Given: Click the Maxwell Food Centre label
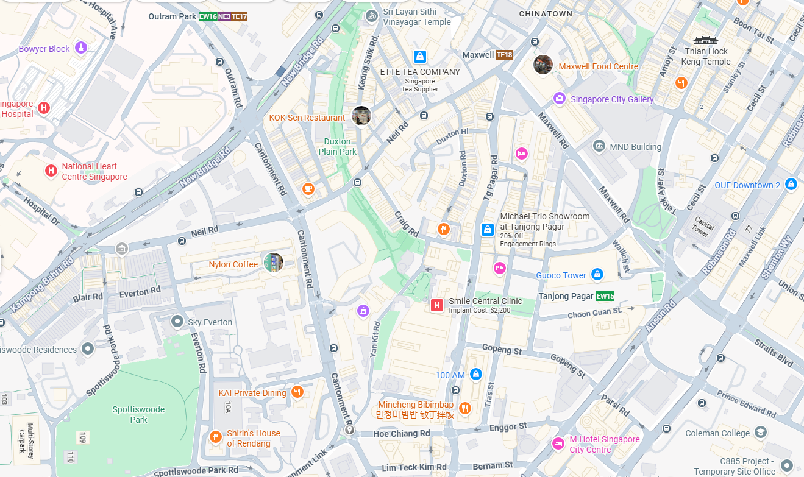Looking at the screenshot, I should click(x=598, y=66).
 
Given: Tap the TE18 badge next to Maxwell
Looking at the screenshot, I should click(x=504, y=55).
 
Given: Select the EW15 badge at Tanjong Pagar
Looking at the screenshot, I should click(x=605, y=296).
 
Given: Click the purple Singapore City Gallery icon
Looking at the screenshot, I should click(x=559, y=98).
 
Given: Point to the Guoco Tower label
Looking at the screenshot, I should click(x=561, y=275).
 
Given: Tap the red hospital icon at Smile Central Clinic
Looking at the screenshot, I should click(x=436, y=305).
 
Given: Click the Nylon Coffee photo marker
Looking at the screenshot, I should click(x=273, y=263).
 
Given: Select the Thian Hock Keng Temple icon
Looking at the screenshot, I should click(x=705, y=40).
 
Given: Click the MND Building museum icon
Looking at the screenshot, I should click(x=599, y=146).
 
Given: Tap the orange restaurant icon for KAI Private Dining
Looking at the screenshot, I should click(x=297, y=392).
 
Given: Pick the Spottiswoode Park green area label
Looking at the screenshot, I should click(x=138, y=414).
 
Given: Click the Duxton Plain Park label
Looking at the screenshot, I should click(x=337, y=147).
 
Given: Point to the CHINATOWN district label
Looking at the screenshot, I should click(x=546, y=13).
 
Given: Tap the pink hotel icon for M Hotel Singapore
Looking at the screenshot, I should click(x=558, y=443).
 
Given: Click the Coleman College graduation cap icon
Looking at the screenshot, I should click(x=760, y=433).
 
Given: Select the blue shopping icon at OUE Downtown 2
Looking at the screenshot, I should click(x=791, y=183).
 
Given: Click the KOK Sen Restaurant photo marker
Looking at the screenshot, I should click(x=361, y=116).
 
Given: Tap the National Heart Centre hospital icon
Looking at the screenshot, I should click(x=51, y=171).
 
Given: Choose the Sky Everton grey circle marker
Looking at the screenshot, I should click(x=177, y=320).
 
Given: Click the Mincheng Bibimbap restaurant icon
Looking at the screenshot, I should click(x=465, y=408).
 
